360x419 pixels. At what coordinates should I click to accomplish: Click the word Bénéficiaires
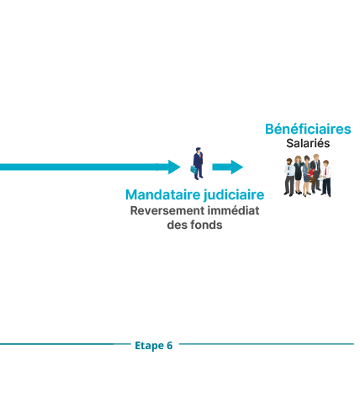coord(308,130)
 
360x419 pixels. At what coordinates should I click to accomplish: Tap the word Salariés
coord(308,143)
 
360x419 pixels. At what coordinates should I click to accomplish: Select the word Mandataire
coord(163,194)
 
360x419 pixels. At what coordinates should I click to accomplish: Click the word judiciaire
coord(234,195)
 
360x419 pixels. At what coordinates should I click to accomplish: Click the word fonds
coord(206,225)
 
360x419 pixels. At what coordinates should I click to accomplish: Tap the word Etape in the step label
coord(149,346)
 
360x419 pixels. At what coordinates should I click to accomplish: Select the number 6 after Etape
coord(170,346)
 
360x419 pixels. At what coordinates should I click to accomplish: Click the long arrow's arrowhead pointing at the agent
coord(174,167)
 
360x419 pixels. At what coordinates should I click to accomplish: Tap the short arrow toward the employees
coord(228,167)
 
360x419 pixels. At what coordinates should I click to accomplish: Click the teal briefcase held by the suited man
coord(193,169)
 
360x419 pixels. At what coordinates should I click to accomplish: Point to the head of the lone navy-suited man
coord(199,150)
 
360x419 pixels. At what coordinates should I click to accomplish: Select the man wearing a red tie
coord(326,178)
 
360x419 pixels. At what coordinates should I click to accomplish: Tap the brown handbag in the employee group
coord(313,179)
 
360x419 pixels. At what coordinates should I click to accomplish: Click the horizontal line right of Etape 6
coord(267,344)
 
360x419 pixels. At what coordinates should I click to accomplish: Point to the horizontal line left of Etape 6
coord(66,344)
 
